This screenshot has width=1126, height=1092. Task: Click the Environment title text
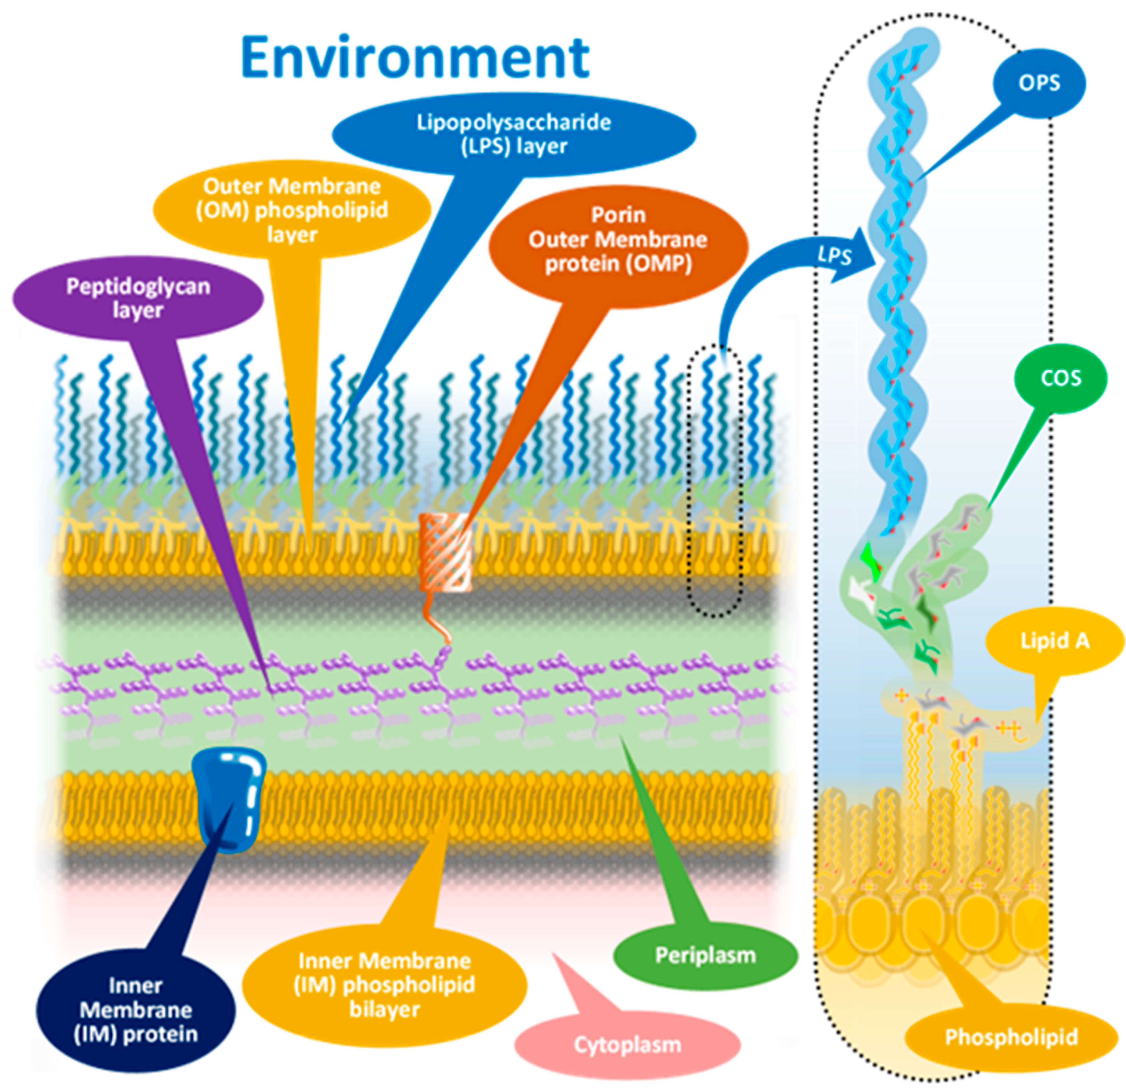coord(415,57)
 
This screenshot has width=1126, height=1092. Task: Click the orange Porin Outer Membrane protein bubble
coord(618,240)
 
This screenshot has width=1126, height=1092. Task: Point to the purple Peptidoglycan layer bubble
coord(138,298)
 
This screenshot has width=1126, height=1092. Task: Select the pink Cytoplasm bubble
coord(627,1044)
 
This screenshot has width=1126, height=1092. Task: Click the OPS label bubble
coord(1039,83)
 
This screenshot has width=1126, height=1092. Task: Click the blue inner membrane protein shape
coord(228,798)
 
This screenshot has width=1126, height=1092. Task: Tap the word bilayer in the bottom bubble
coord(384,1009)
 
